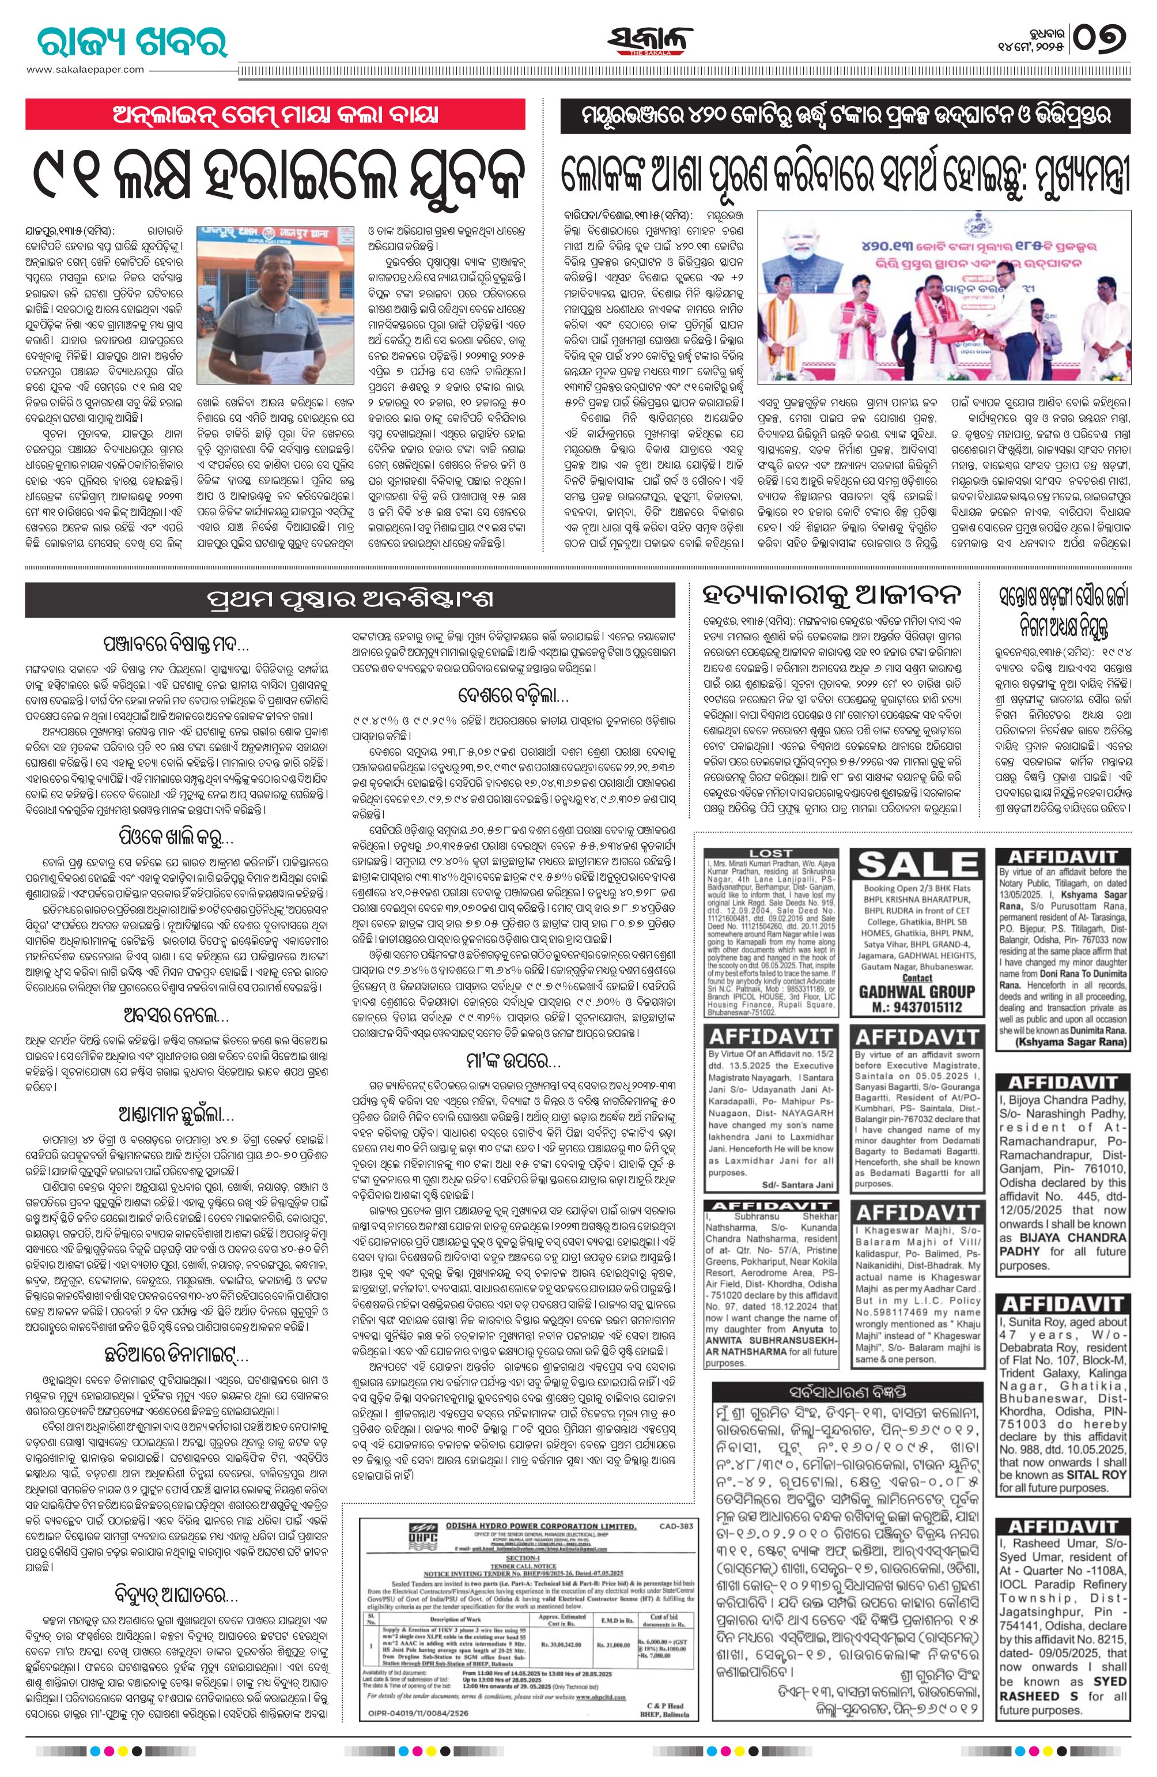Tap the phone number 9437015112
tap(917, 1006)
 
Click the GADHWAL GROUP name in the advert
tap(917, 991)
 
